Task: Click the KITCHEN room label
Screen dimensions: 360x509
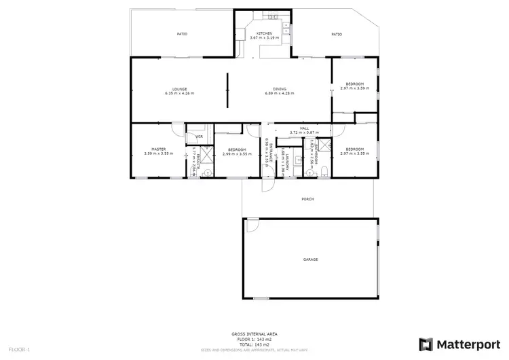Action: coord(264,33)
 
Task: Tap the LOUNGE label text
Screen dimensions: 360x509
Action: coord(179,89)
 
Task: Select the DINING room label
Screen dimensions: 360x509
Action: coord(280,89)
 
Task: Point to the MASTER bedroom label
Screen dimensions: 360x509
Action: coord(159,149)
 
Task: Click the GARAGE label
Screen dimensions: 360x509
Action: coord(310,259)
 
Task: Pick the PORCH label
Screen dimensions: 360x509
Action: coord(307,199)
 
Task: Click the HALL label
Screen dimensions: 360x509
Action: coord(305,128)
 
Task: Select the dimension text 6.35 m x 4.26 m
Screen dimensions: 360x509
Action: coord(179,93)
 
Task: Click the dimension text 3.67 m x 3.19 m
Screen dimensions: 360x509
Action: coord(264,37)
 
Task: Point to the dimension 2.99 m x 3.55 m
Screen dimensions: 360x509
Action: coord(236,154)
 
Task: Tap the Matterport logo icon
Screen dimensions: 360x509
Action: coord(427,344)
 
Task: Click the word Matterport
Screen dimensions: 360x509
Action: coord(468,344)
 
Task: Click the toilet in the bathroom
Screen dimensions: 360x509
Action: coord(326,170)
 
